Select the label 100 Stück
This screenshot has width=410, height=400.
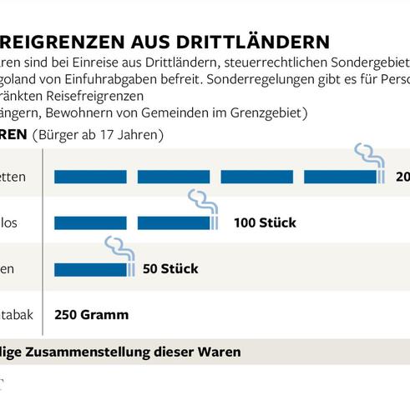[265, 222]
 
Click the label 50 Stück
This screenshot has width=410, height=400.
[170, 268]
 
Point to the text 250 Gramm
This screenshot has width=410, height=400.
[91, 315]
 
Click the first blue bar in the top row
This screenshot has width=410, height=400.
[90, 177]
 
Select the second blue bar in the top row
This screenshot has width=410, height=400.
[173, 177]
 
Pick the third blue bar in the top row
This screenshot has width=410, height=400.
[256, 177]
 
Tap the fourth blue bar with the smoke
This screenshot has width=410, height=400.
[341, 177]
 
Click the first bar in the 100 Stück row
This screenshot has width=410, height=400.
[90, 222]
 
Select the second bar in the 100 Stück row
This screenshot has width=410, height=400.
[173, 222]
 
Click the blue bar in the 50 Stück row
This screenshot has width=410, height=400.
[90, 268]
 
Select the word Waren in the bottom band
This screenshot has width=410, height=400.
[220, 352]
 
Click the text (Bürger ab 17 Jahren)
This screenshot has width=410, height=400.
[98, 134]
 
